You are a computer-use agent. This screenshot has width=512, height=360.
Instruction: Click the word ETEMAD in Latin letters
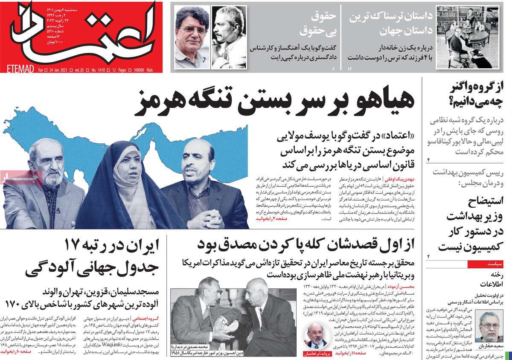[x=21, y=70]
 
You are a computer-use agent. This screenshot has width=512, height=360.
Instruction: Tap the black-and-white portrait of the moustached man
[x=228, y=36]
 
